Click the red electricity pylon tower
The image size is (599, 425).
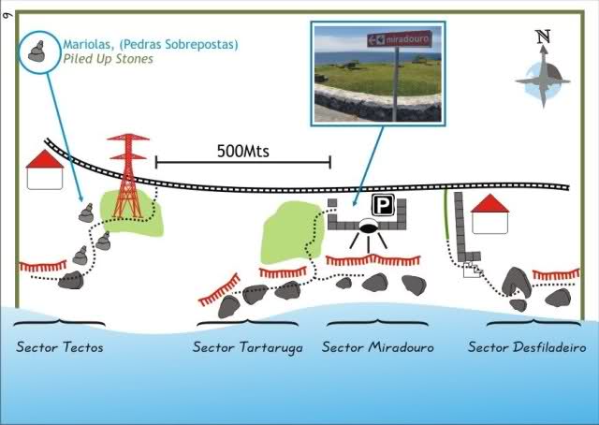128,173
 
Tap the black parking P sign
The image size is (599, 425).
382,206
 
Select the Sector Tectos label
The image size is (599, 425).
59,347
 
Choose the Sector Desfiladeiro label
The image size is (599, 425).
527,347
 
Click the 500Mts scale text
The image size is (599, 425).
242,150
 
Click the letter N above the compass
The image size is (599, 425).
543,37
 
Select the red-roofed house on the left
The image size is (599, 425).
44,169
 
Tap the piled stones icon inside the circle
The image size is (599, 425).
38,51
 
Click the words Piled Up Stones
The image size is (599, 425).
109,58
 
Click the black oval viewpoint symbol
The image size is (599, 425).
368,227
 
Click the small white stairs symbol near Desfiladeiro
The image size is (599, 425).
473,271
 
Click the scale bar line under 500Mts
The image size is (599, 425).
242,163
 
